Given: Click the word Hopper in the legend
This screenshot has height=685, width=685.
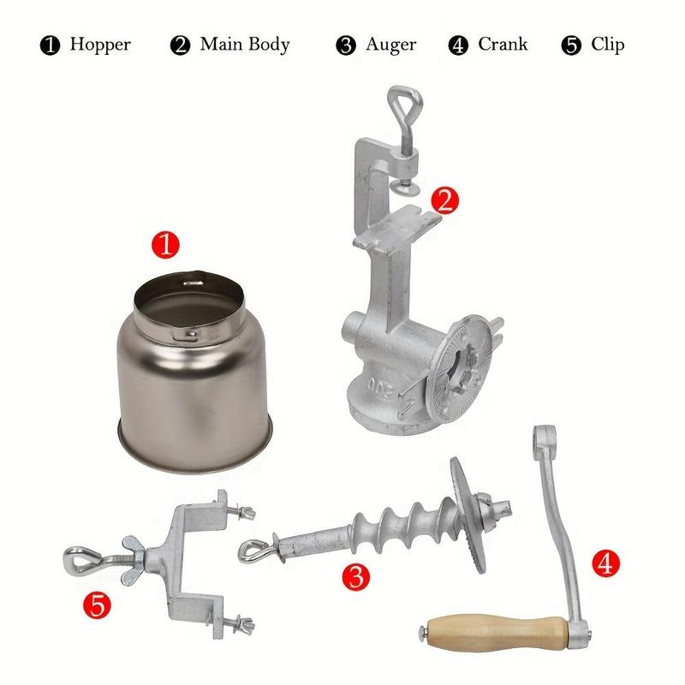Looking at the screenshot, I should point(100,45).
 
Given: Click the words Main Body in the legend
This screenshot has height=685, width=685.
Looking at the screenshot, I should point(245,45).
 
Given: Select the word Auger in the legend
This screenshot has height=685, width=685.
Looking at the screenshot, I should point(391,45).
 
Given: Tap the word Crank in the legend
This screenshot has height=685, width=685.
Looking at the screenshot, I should point(503,45).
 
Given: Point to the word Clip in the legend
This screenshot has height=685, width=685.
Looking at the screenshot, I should point(607,45).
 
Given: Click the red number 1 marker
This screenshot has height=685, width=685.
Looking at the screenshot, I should point(166,246).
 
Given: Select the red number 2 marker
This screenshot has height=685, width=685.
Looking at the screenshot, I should point(444,200).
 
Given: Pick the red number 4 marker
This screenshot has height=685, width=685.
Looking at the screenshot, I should point(605,563).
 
